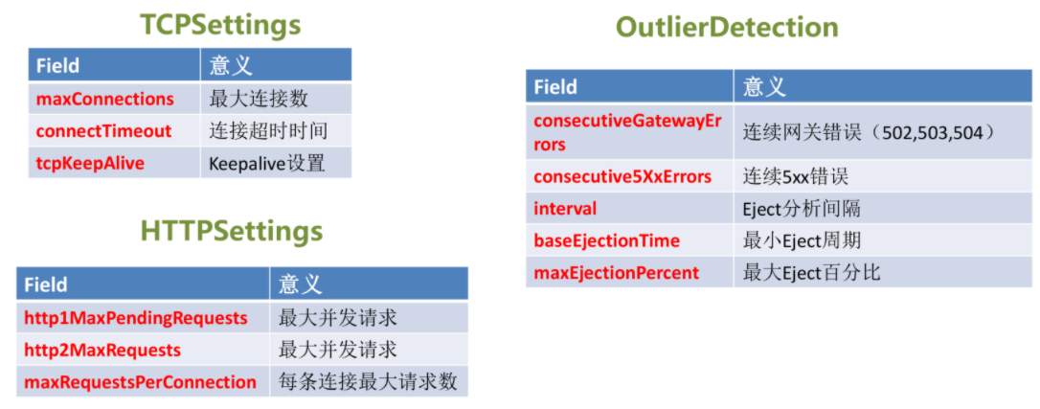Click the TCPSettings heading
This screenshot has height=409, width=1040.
click(220, 25)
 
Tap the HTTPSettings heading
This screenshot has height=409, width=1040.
click(232, 232)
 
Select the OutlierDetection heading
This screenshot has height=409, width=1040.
click(727, 27)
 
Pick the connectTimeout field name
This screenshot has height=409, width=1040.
click(103, 131)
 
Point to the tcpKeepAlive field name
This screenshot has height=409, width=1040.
click(90, 163)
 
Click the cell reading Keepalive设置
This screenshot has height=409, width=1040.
click(266, 163)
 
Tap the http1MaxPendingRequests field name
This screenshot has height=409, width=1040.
click(136, 318)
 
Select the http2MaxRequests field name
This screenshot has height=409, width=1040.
click(102, 350)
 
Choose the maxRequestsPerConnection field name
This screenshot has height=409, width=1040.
click(140, 382)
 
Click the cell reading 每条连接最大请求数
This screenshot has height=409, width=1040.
click(368, 382)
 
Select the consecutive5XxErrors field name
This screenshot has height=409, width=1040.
click(622, 177)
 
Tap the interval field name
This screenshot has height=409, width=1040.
click(565, 209)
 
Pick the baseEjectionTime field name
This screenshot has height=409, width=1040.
click(607, 240)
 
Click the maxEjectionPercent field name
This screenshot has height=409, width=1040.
click(616, 272)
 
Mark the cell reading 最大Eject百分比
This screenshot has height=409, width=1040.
click(812, 272)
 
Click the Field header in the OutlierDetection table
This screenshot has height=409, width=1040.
click(555, 87)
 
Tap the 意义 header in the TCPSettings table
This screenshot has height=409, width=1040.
click(232, 65)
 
